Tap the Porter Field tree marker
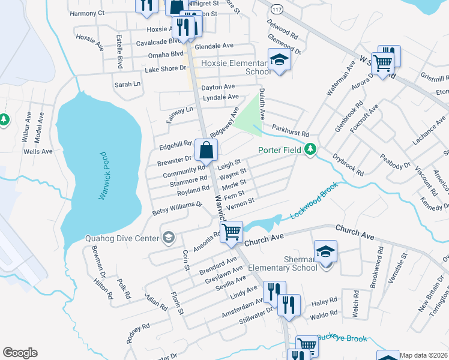(310, 149)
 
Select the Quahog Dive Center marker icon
(167, 238)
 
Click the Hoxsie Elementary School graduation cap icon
(279, 59)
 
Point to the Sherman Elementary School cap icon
(325, 251)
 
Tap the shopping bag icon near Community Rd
(206, 151)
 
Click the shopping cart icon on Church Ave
(231, 231)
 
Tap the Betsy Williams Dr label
(178, 208)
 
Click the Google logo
(20, 353)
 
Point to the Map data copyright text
(424, 355)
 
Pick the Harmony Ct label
(87, 13)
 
